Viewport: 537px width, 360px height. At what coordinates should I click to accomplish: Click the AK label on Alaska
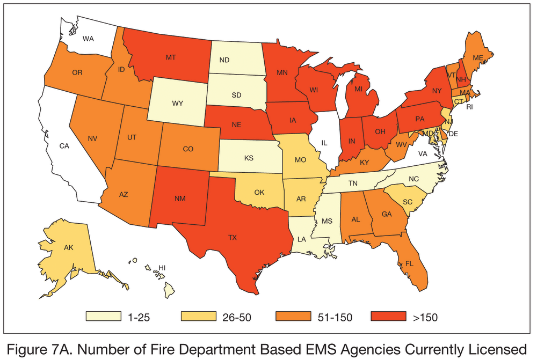[68, 248]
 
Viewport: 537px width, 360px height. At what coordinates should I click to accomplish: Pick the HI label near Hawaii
[162, 267]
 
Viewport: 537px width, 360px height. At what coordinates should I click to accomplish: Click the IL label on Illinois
[324, 143]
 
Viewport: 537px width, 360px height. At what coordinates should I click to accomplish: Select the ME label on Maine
[477, 57]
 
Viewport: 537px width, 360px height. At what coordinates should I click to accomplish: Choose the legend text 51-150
[335, 318]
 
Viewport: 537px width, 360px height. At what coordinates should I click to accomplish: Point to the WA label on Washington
[90, 38]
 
